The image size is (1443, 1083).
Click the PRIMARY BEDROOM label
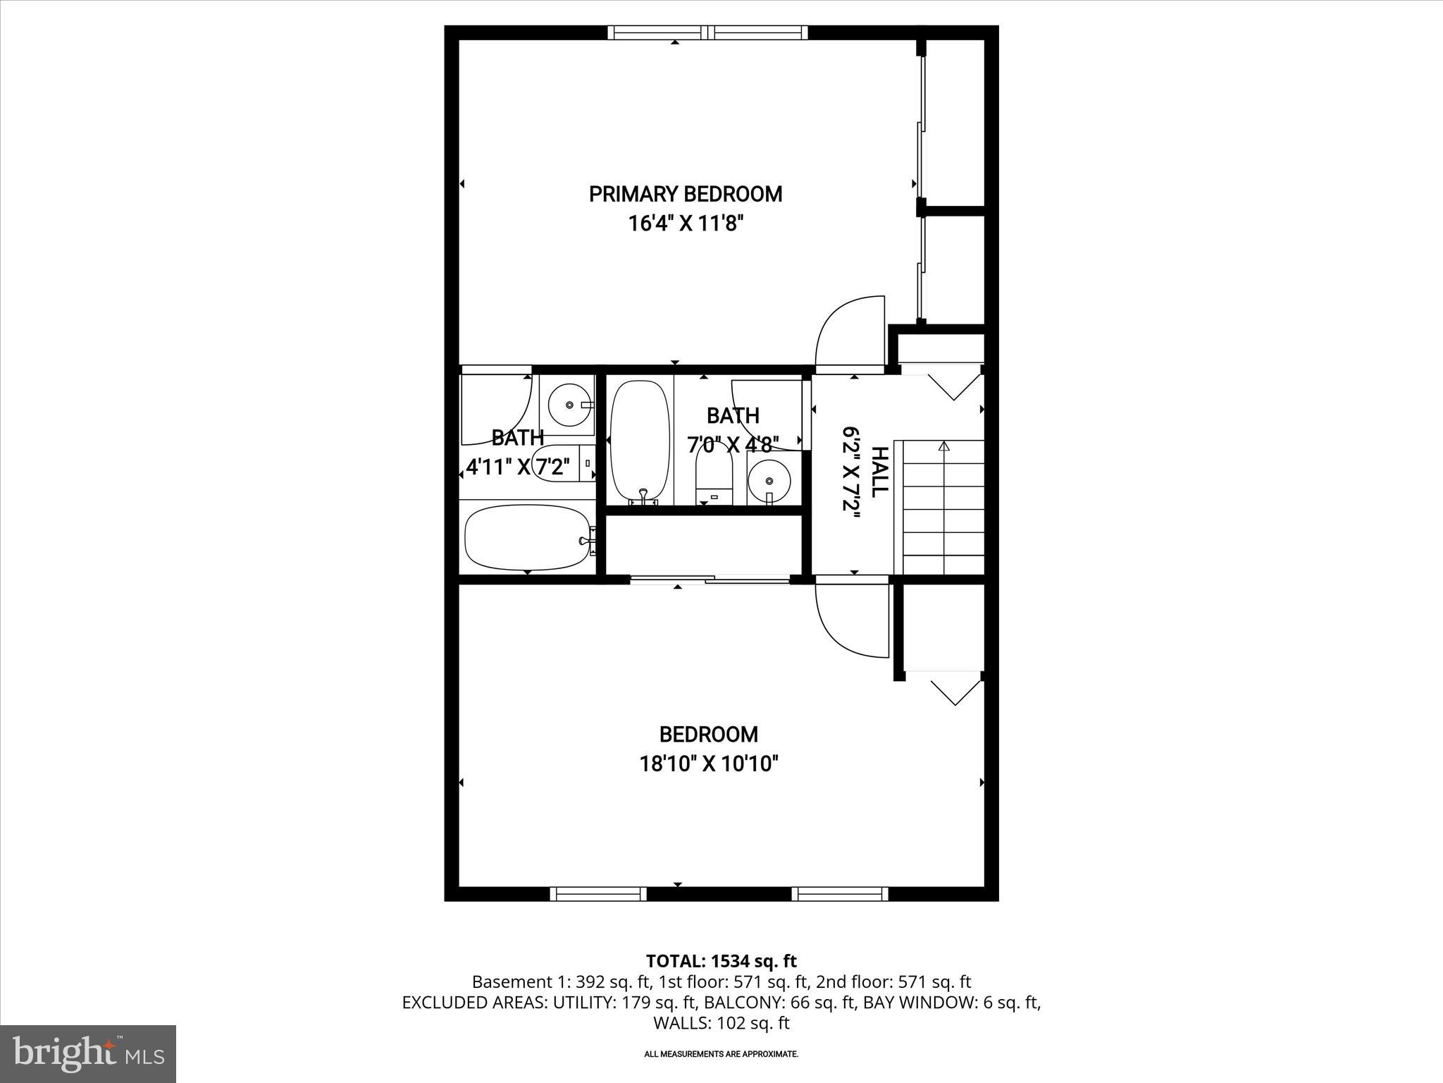tap(685, 194)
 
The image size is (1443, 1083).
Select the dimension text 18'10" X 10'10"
tap(708, 764)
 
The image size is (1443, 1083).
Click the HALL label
tap(879, 472)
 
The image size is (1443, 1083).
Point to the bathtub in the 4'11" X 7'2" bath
tap(527, 537)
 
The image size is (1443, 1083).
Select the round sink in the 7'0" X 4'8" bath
tap(768, 480)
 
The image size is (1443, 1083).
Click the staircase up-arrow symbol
tap(943, 446)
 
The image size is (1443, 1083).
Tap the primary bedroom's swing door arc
tap(848, 332)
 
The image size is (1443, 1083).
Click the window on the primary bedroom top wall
tap(707, 32)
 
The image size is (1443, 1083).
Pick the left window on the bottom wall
tap(597, 894)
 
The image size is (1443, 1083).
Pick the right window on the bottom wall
tap(839, 894)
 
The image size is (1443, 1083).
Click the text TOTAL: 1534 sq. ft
tap(721, 961)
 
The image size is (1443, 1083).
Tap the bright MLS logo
tap(88, 1053)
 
